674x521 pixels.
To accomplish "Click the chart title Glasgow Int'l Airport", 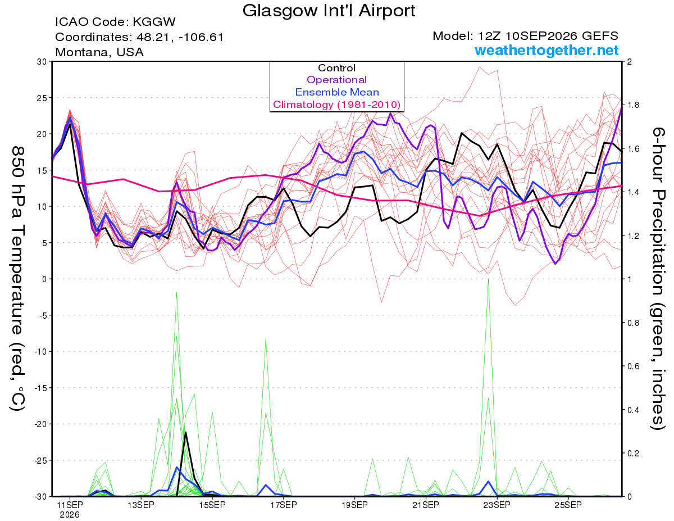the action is (329, 11).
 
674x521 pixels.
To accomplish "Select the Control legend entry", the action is (336, 68).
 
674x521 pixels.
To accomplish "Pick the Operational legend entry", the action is (336, 80).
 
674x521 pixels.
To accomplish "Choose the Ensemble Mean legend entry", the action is (337, 92).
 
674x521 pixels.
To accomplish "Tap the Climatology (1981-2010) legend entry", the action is (337, 105).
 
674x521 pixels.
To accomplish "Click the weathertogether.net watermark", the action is (547, 50).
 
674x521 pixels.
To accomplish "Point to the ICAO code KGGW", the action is (154, 22).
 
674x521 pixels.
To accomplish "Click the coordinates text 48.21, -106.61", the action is (180, 37).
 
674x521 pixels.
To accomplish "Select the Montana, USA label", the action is (99, 52).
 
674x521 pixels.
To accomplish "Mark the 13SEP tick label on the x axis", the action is (141, 505).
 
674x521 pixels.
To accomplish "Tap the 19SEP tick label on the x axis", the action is (354, 505).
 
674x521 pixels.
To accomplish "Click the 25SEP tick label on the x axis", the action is (568, 505).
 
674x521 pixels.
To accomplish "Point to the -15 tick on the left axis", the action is (40, 388).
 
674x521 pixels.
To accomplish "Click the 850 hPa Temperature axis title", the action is (17, 279).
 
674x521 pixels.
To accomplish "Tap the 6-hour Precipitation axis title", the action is (658, 279).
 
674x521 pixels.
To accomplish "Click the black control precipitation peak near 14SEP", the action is (185, 432).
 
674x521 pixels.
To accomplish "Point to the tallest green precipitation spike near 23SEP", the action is (488, 279).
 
